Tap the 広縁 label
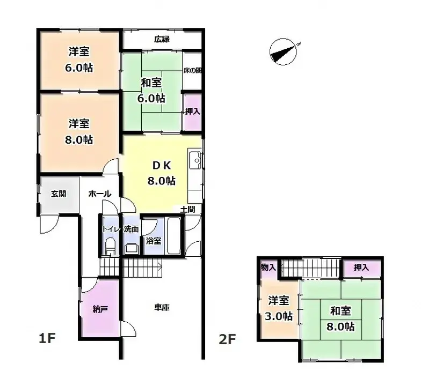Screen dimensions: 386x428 162,39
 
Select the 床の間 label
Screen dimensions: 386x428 192,70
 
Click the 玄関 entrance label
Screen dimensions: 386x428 59,194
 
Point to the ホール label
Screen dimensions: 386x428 99,194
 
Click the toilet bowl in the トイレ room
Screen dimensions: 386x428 110,247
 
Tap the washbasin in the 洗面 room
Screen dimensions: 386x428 130,247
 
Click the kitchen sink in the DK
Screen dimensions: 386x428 195,159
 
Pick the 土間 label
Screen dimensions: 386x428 187,209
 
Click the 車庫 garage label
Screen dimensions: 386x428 162,307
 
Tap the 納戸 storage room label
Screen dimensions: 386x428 100,309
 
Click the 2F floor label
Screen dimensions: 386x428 228,338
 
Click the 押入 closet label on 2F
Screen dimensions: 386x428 361,267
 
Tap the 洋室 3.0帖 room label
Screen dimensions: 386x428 278,308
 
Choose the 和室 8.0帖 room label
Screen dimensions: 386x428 342,318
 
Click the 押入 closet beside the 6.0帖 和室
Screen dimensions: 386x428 192,112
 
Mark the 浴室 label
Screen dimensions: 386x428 153,241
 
